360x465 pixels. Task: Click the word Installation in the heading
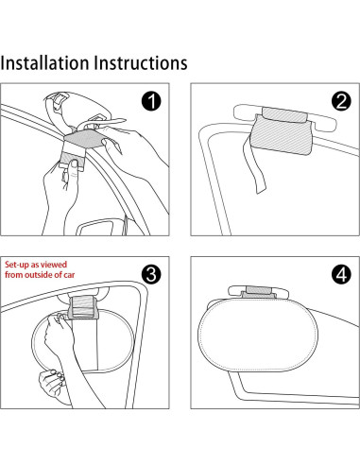point(44,63)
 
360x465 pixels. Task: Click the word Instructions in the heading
point(141,63)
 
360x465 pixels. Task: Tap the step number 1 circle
point(151,101)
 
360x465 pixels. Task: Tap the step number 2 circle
point(341,101)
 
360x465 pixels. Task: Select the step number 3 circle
point(151,274)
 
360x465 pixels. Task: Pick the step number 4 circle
point(341,274)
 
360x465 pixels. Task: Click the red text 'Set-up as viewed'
point(36,265)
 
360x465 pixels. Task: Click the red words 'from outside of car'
point(40,275)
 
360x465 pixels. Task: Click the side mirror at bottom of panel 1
point(95,228)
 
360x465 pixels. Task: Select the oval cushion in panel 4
point(258,335)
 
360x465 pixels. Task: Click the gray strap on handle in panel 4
point(258,292)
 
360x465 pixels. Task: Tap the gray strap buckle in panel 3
point(82,307)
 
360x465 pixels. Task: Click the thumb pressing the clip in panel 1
point(75,166)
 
